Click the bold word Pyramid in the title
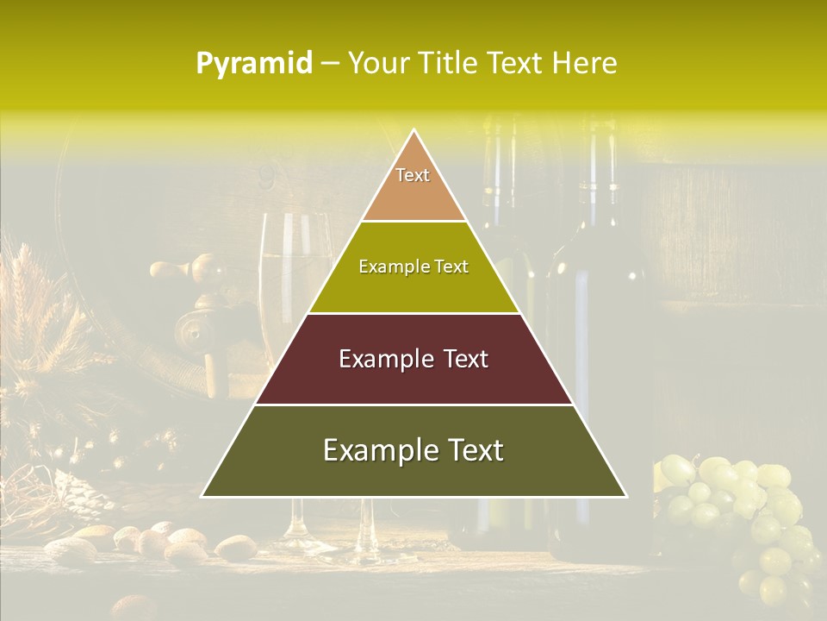pos(254,64)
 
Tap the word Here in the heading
pos(586,64)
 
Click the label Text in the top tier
pos(413,175)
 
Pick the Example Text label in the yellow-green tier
pos(413,267)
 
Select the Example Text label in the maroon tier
pos(413,359)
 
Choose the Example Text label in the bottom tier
pos(413,450)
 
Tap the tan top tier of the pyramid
pos(413,194)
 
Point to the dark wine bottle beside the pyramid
pos(594,345)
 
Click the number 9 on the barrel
pos(266,177)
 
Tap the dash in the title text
pos(330,64)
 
